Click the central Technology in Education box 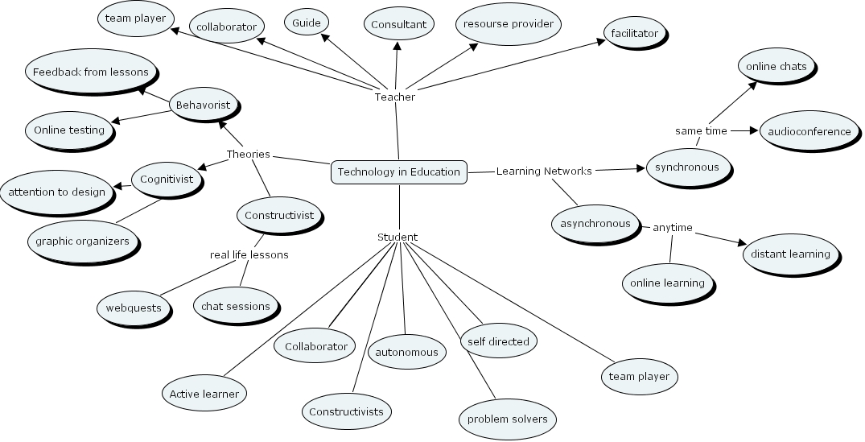(399, 171)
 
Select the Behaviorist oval (203, 105)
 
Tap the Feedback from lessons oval (90, 72)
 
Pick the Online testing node (69, 130)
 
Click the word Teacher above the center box (395, 97)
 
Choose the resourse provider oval (508, 23)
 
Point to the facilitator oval (634, 33)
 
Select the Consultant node (398, 24)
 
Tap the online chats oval (776, 66)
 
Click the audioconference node (809, 131)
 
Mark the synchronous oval (686, 167)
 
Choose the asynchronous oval (596, 223)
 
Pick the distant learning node (789, 254)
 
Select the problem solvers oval (507, 419)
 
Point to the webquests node (134, 308)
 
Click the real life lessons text (249, 254)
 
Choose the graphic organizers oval (82, 241)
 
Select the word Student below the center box (397, 237)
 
